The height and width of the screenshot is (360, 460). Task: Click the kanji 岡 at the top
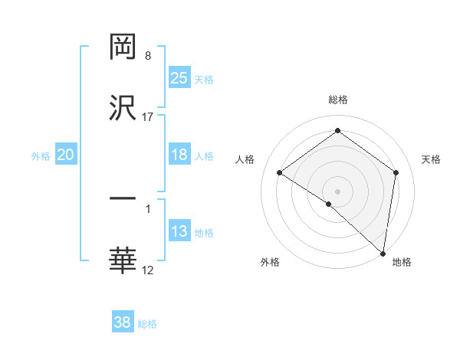tap(123, 47)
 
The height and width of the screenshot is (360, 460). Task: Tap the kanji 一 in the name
tap(123, 199)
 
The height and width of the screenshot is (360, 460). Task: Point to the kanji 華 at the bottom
tap(123, 260)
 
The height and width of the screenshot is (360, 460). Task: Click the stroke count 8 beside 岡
tap(148, 56)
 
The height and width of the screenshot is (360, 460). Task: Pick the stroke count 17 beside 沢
tap(148, 116)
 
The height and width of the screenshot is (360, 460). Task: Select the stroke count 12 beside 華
tap(148, 270)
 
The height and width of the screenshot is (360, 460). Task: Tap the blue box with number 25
tap(179, 78)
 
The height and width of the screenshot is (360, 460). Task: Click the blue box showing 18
tap(179, 155)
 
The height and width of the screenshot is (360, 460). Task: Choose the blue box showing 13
tap(179, 231)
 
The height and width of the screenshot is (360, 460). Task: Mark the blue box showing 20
tap(66, 155)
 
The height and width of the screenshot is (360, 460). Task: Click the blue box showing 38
tap(123, 322)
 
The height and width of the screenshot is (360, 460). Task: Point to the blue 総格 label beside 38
tap(148, 324)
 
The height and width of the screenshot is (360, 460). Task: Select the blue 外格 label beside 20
tap(41, 156)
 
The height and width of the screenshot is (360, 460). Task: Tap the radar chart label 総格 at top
tap(338, 100)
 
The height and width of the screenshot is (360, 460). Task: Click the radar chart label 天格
tap(432, 159)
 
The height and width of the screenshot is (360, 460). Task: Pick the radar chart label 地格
tap(402, 262)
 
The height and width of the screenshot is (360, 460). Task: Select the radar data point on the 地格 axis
tap(383, 253)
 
